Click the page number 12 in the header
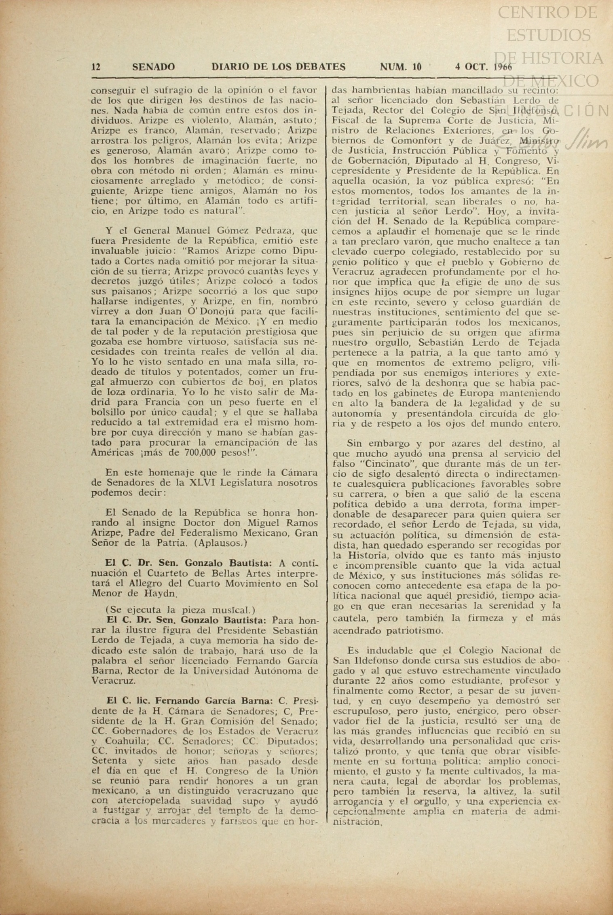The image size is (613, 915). point(96,67)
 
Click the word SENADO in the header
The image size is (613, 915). point(154,67)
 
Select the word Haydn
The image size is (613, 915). point(160,594)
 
